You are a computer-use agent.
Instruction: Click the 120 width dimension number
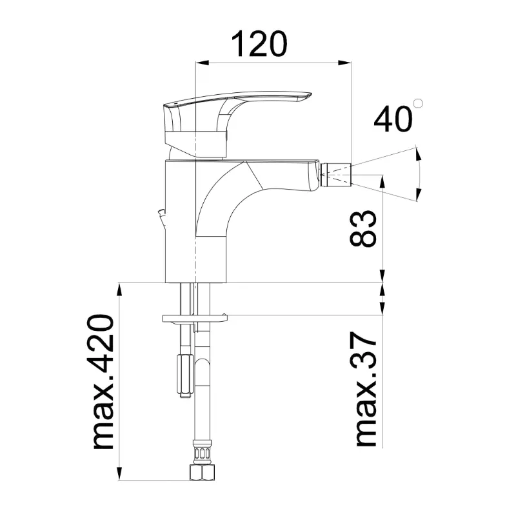259,45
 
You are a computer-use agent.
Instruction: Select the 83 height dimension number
362,228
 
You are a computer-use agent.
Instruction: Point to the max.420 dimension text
103,382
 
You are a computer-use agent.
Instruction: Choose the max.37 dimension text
366,390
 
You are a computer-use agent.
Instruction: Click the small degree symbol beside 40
418,103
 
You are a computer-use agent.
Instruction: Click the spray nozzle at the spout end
335,174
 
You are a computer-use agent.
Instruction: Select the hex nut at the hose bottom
203,472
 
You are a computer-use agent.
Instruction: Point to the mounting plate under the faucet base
195,318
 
